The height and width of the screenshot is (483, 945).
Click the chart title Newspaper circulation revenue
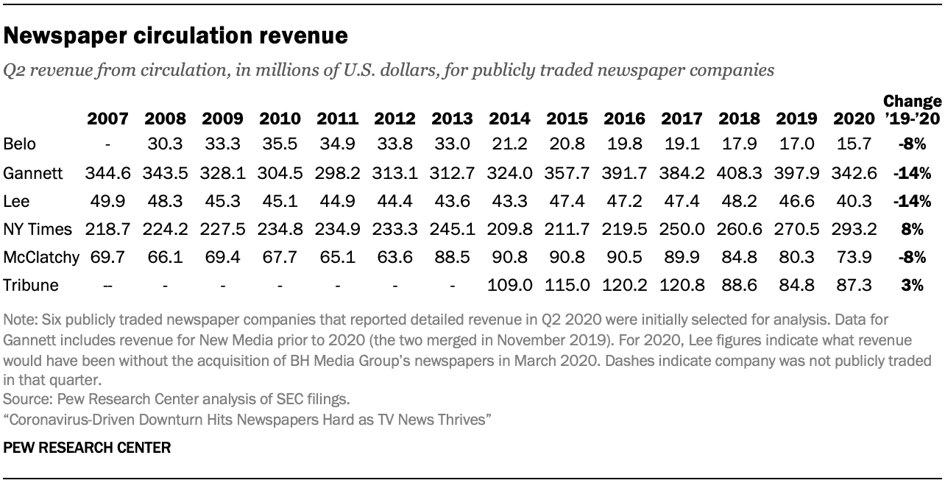(176, 35)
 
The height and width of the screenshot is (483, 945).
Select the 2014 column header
(509, 119)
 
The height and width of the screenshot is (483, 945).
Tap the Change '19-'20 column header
(912, 110)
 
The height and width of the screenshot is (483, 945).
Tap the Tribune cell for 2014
(509, 285)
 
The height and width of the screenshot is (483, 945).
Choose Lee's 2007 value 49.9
(107, 202)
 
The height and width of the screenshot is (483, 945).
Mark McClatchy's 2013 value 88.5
(452, 257)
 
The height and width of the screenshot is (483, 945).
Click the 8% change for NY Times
(913, 230)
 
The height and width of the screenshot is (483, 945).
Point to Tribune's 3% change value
(913, 285)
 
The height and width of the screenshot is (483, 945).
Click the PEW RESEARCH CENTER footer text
(87, 447)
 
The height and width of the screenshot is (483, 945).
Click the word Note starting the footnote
(16, 321)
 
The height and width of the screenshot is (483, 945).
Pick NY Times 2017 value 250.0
(682, 230)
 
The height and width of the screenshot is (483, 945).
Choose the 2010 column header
(280, 119)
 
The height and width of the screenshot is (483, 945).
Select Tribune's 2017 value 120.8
(682, 285)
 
